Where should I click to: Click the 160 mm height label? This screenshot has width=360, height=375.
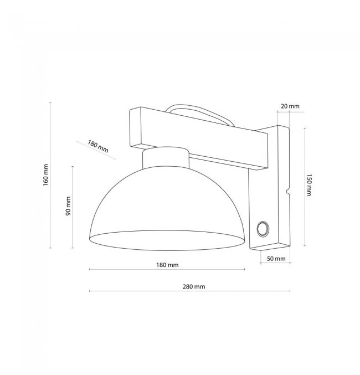pos(45,175)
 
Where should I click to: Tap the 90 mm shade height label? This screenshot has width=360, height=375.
pos(68,206)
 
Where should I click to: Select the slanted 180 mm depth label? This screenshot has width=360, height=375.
pos(98,146)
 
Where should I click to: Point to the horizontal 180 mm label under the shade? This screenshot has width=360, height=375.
pos(167,265)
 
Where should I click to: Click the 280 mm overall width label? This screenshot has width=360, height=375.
pos(194,286)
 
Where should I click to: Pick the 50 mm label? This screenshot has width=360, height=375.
pos(276,259)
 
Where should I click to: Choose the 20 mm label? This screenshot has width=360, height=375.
pos(290,106)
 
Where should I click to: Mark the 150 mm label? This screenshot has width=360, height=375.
pos(309,185)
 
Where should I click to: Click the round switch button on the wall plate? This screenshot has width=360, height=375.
pos(263,229)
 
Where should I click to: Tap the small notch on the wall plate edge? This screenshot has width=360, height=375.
pos(288,191)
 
